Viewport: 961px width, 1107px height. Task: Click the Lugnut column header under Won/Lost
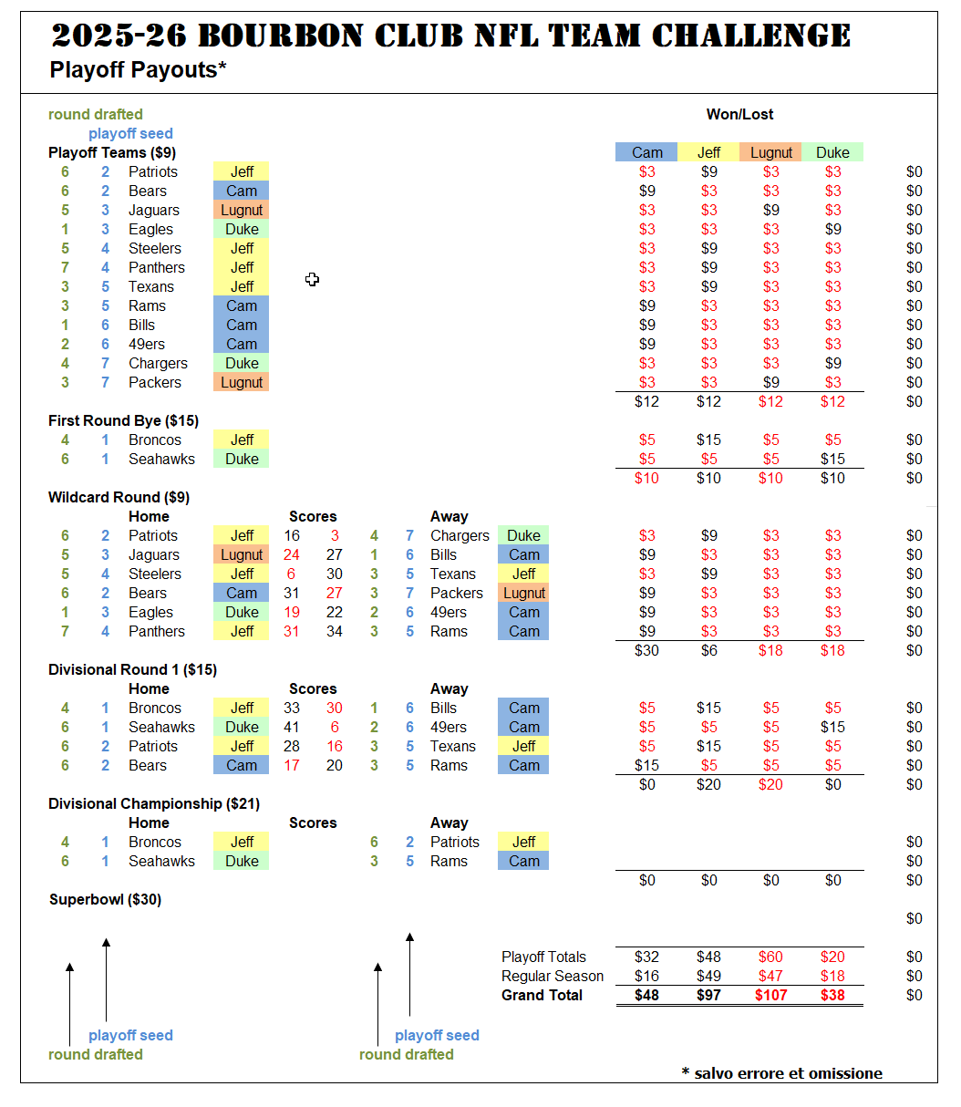(x=770, y=152)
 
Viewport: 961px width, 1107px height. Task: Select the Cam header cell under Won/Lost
(x=646, y=152)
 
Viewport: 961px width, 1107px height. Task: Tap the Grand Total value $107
(x=770, y=995)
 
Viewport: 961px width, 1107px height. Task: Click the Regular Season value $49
(x=708, y=976)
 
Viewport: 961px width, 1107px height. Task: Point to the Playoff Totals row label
(x=543, y=957)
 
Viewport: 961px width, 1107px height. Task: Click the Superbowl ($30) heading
(x=106, y=899)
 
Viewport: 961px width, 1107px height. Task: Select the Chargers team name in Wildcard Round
(x=460, y=535)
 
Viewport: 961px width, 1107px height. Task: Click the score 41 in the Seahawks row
(x=292, y=727)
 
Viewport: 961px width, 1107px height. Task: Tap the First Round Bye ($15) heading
(x=123, y=420)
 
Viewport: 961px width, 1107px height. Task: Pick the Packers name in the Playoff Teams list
(x=155, y=383)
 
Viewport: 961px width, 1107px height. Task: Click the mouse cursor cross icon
(x=312, y=279)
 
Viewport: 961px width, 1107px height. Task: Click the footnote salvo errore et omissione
(x=782, y=1073)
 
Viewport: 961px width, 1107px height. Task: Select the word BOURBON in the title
(x=281, y=36)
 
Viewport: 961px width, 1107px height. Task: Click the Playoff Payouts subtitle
(x=138, y=70)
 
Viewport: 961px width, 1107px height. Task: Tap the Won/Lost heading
(x=739, y=114)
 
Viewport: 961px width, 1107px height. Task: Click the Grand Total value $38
(x=832, y=995)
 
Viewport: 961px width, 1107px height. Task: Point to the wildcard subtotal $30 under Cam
(x=646, y=650)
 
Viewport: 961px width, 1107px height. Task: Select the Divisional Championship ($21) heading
(x=154, y=803)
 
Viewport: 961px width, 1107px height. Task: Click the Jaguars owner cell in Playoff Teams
(x=242, y=210)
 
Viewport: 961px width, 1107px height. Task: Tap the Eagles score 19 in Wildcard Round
(x=292, y=613)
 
